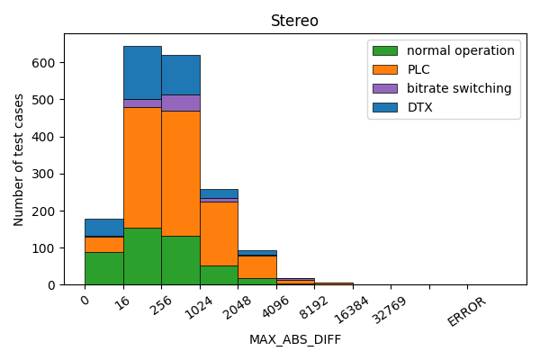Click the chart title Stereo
click(x=294, y=21)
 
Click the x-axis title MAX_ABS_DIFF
click(x=294, y=339)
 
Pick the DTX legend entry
click(x=420, y=107)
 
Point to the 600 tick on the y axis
click(x=47, y=63)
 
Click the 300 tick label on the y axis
click(x=47, y=174)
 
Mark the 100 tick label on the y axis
click(x=47, y=247)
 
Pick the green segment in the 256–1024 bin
click(x=181, y=260)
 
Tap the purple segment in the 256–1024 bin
click(x=181, y=103)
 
